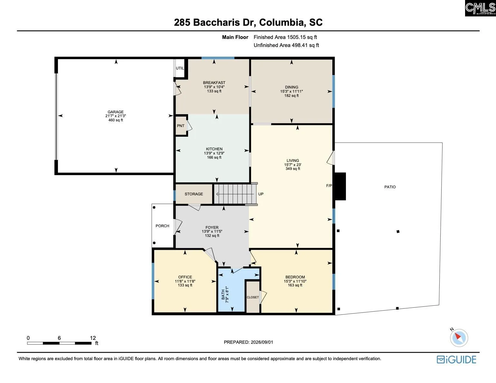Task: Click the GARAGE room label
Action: click(116, 112)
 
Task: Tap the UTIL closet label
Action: click(180, 68)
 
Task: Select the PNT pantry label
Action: click(181, 126)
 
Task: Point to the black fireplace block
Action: click(340, 186)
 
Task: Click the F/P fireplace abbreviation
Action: click(329, 186)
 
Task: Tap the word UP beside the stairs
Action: click(261, 194)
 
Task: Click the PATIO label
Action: click(390, 187)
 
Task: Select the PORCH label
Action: click(162, 226)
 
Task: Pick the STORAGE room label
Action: click(194, 194)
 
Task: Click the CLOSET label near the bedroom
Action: click(253, 297)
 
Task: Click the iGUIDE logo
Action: click(456, 360)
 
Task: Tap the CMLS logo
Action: click(481, 8)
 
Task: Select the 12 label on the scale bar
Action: click(93, 338)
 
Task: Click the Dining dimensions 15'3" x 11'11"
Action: click(291, 91)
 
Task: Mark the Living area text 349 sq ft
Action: click(293, 169)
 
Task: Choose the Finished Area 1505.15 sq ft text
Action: click(285, 37)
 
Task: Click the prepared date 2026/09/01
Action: click(262, 342)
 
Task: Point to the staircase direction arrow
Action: click(235, 194)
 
